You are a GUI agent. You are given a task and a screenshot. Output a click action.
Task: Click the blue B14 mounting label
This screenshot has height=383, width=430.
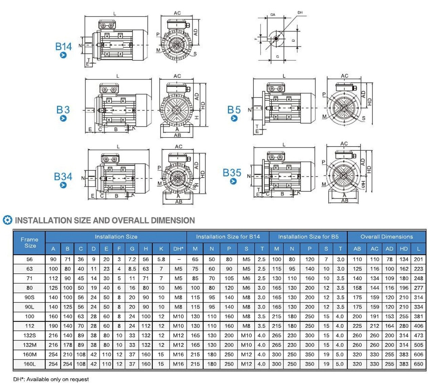coord(63,47)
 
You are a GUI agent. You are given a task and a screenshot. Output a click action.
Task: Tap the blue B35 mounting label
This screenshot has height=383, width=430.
coord(232,173)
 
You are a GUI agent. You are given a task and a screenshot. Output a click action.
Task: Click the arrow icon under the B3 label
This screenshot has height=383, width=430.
coord(63,119)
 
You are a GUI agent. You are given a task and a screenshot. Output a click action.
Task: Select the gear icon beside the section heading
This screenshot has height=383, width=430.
coord(7,220)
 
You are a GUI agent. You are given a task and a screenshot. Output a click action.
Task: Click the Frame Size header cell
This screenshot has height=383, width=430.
coord(29,242)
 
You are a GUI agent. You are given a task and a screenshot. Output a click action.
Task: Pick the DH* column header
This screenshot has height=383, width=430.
coord(178,249)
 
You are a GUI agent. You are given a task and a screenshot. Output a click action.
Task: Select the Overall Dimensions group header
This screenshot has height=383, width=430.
coord(386,237)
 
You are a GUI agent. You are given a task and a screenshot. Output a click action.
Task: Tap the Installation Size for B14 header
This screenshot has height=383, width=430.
coord(228,237)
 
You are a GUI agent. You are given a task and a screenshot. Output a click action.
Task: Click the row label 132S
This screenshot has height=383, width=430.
coord(29,336)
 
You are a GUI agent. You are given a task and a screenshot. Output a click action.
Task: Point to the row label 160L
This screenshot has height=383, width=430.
coord(29,364)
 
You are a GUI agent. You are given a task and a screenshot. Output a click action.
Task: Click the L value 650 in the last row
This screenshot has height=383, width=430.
coord(418,364)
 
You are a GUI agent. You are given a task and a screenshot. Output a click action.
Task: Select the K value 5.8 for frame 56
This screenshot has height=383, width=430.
coord(161,259)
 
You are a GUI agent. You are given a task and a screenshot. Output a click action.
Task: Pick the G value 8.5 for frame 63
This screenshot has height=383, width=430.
coord(132,269)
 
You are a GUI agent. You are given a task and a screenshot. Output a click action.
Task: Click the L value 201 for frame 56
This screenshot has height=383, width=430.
coord(418,259)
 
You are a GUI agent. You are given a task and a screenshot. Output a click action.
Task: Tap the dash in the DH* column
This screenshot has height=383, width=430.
coord(179,259)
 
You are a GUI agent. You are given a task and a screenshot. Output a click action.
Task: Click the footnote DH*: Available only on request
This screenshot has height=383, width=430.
coord(51,379)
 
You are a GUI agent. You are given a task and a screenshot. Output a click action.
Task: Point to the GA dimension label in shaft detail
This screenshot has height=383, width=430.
coord(273,15)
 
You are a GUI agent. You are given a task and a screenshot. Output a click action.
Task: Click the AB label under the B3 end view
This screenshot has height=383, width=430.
coord(177,135)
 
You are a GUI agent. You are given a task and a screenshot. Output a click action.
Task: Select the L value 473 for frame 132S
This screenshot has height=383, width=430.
coord(418,336)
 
